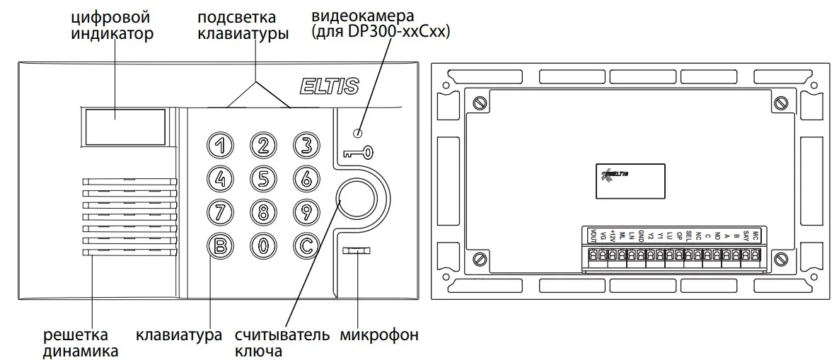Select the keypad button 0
point(263,245)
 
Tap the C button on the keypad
point(306,245)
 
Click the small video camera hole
point(359,134)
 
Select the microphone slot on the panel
point(358,251)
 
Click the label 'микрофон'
point(378,335)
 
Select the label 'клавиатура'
point(179,335)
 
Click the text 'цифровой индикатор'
point(112,25)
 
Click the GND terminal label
point(641,236)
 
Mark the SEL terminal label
point(688,236)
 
